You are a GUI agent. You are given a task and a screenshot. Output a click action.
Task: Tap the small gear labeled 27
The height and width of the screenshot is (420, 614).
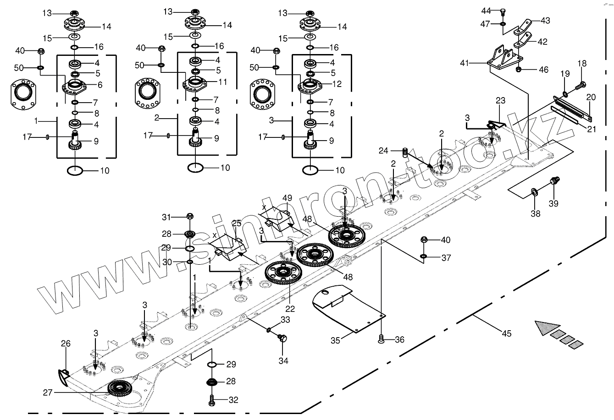tap(120, 389)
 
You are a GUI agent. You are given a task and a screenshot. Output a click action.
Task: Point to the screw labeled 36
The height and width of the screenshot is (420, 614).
tap(381, 339)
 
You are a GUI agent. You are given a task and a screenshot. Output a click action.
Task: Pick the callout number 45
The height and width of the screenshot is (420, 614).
tap(506, 333)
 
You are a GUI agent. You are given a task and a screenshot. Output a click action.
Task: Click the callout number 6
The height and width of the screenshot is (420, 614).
tap(100, 85)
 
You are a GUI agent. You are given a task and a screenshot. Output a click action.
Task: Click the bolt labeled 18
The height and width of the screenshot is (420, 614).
tap(582, 84)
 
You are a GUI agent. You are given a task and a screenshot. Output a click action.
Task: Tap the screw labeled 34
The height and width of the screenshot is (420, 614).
tap(283, 339)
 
